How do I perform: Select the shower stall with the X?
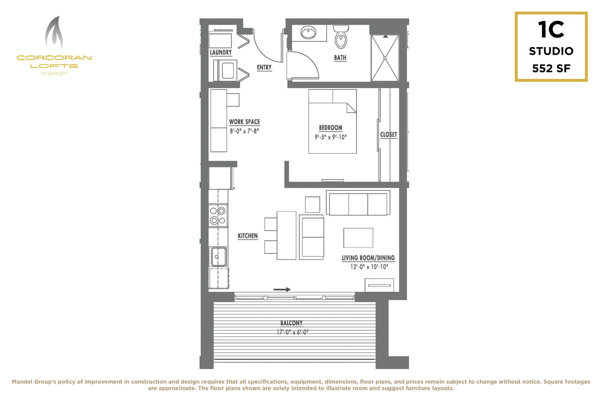click(x=385, y=58)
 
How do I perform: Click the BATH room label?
click(x=340, y=58)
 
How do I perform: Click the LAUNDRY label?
click(x=221, y=52)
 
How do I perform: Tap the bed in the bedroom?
click(x=332, y=121)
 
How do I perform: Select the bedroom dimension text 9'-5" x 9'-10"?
click(x=331, y=137)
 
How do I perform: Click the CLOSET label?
click(x=388, y=135)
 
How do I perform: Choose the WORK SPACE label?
click(x=244, y=122)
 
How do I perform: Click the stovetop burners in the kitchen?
click(x=218, y=215)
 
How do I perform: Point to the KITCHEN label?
click(x=248, y=236)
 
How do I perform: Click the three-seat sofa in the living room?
click(x=358, y=203)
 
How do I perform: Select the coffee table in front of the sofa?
click(x=358, y=238)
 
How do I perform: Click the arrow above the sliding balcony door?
click(x=282, y=289)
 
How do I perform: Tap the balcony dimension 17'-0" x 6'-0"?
click(x=292, y=332)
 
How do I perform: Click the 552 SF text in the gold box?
click(x=551, y=68)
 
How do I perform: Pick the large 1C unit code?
click(x=551, y=29)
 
